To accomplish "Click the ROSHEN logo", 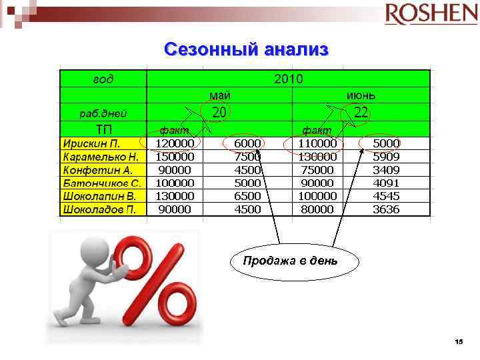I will tap(426, 14).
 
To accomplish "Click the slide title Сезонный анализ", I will tap(246, 49).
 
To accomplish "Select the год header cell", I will tap(103, 79).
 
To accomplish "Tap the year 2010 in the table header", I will tap(288, 79).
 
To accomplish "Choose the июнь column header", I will tap(360, 96).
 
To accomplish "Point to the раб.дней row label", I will tap(103, 113).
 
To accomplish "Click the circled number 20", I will tap(219, 112).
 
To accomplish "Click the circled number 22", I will tap(361, 113).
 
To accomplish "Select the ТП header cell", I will tap(103, 129).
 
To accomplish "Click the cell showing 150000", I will tap(175, 157).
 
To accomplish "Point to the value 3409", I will tap(386, 170).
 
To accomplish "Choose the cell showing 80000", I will tap(316, 209).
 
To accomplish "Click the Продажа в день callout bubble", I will tap(290, 261).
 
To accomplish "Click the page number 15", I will tap(458, 341).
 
